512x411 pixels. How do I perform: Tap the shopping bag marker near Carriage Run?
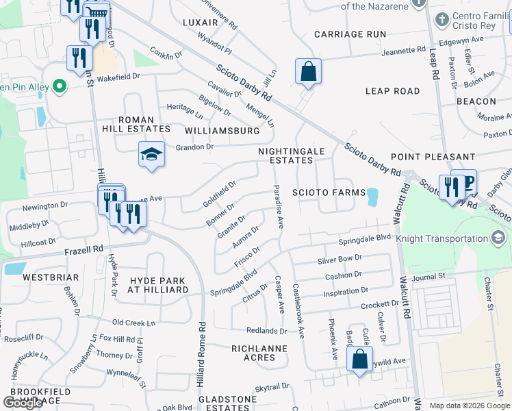coord(308,71)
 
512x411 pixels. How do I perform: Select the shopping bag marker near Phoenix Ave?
coord(359,359)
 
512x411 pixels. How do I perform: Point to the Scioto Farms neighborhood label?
coord(329,192)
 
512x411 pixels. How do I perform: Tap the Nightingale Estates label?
coord(285,155)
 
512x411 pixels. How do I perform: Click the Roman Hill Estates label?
coord(144,124)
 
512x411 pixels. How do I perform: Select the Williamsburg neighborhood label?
coord(222,130)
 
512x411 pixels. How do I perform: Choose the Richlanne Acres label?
coord(263,353)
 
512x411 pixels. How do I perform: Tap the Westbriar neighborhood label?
coord(47,278)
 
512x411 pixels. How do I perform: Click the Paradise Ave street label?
coord(279,206)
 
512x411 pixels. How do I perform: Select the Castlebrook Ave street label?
coord(298,310)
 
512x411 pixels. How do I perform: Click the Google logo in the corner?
coord(23,403)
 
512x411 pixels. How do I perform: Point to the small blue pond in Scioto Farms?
coord(372,197)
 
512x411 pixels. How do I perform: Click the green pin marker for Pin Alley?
coord(60,86)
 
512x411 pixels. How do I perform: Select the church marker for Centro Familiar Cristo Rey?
coord(422,18)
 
